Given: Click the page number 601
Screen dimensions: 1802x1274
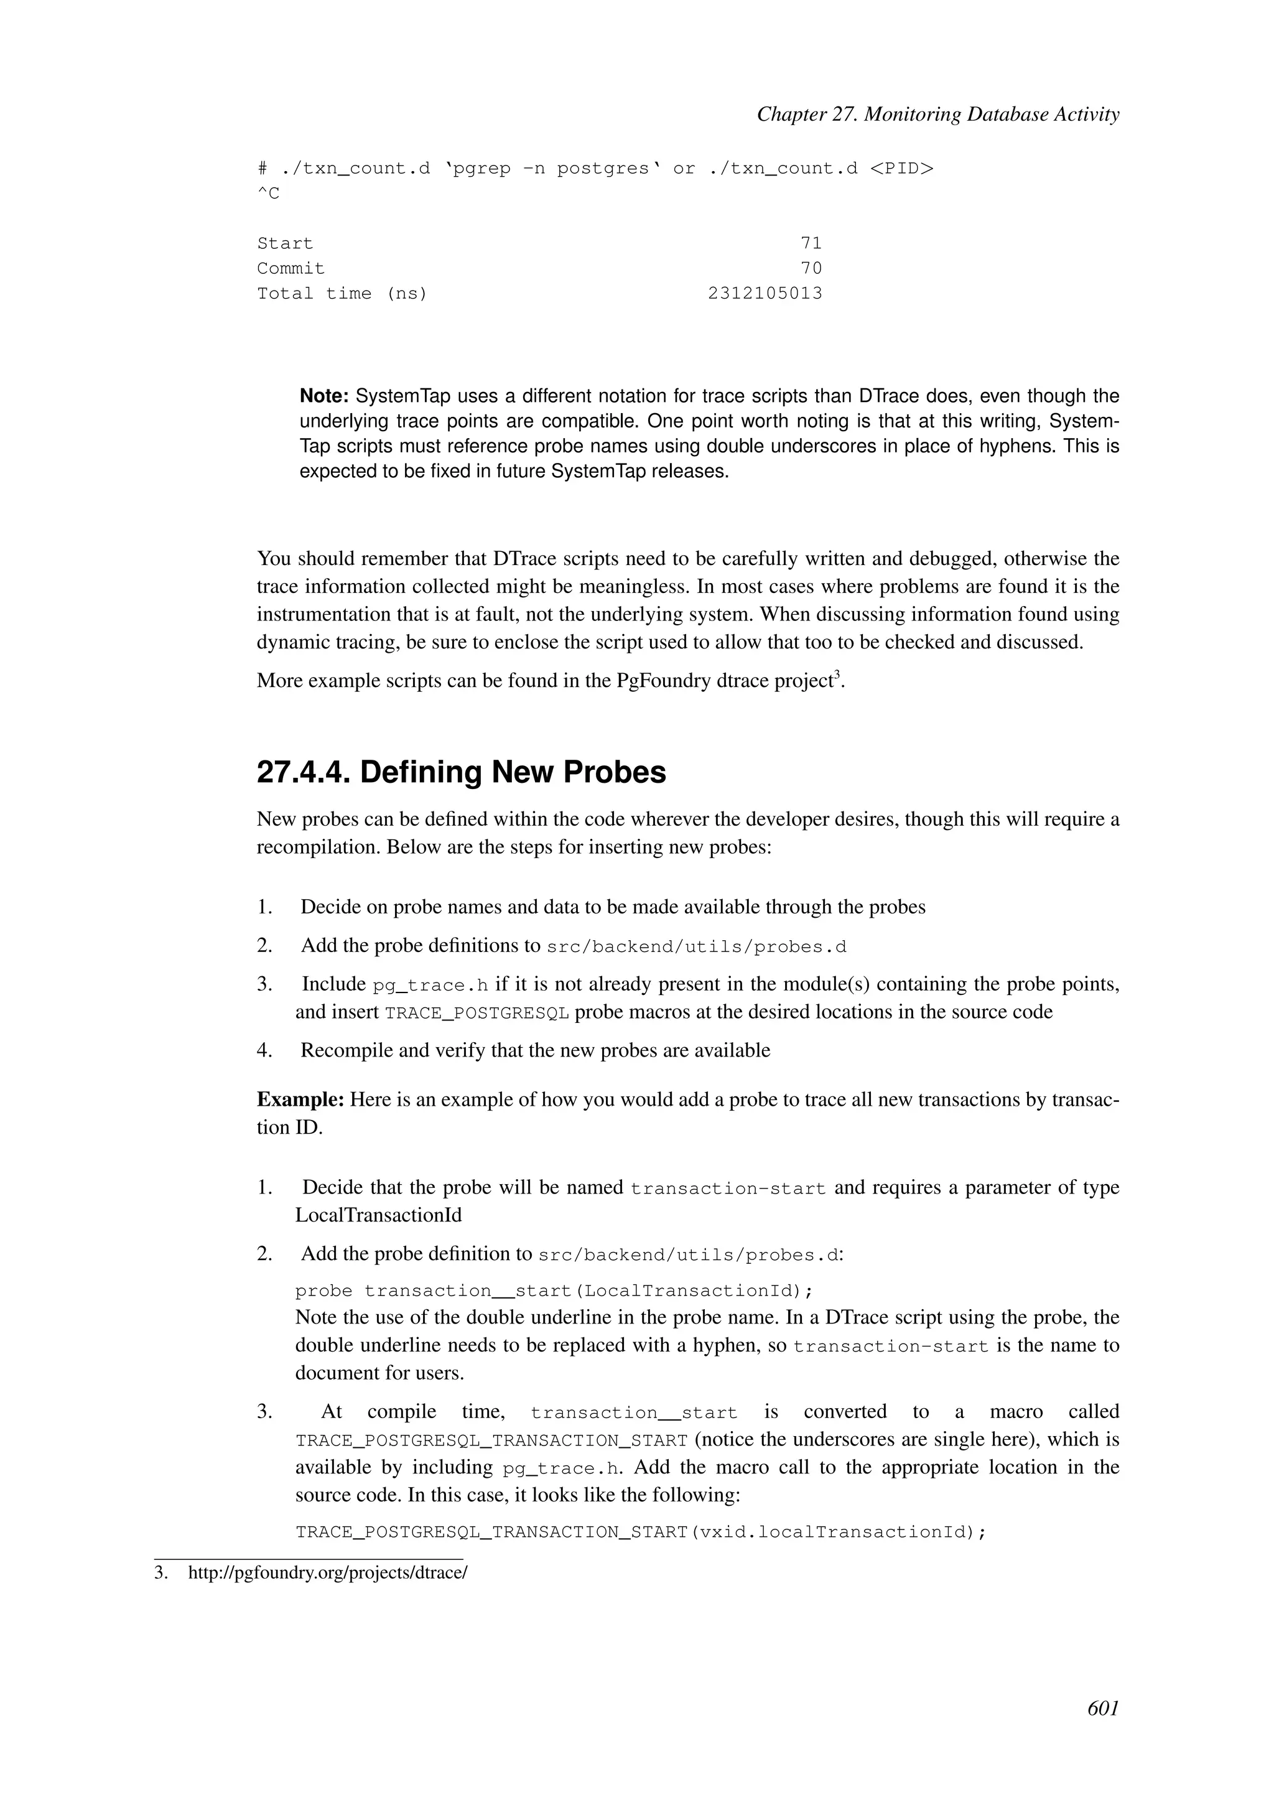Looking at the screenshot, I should point(1102,1708).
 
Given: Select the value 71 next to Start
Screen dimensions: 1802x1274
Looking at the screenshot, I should point(811,243).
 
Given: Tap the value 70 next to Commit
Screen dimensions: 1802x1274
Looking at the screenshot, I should point(811,268).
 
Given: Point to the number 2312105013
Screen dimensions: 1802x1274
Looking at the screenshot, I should point(765,294).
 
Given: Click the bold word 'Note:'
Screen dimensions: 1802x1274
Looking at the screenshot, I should point(324,396).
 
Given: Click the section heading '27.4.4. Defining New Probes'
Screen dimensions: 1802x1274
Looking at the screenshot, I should point(462,772).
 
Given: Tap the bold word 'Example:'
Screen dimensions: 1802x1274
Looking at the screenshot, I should point(300,1099).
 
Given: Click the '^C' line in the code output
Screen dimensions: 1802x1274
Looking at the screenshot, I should point(268,194).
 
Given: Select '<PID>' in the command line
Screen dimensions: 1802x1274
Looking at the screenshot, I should point(901,169).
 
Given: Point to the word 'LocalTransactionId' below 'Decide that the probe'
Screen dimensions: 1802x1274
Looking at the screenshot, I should point(378,1216).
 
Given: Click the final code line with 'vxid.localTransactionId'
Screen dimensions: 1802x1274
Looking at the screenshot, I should point(640,1532).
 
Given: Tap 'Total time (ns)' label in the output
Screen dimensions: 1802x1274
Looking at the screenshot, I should point(342,294).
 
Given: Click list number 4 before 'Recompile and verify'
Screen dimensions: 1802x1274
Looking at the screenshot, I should point(264,1050).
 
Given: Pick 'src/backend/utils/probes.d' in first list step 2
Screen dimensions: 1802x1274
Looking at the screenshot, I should point(697,947).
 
